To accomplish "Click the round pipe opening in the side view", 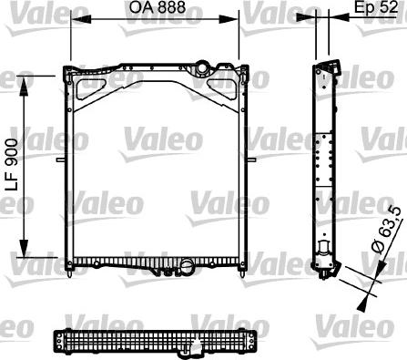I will (324, 252).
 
